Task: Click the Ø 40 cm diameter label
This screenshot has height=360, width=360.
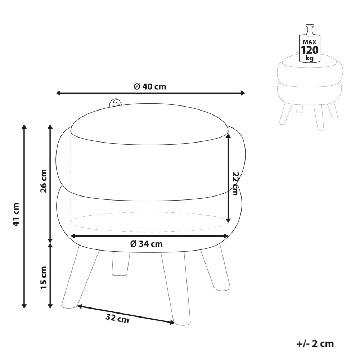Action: pyautogui.click(x=150, y=86)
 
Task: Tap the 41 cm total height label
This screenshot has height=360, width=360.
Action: pyautogui.click(x=16, y=215)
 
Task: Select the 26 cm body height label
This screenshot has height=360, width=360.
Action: pyautogui.click(x=44, y=181)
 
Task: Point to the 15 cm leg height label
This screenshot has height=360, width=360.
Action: pyautogui.click(x=44, y=278)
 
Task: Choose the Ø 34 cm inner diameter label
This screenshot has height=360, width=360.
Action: pyautogui.click(x=147, y=244)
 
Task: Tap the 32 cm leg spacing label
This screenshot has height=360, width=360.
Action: pyautogui.click(x=117, y=319)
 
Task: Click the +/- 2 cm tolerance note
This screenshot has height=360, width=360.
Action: pyautogui.click(x=315, y=344)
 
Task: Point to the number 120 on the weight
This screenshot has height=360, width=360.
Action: pyautogui.click(x=310, y=50)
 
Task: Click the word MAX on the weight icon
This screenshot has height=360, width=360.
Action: pyautogui.click(x=310, y=42)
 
